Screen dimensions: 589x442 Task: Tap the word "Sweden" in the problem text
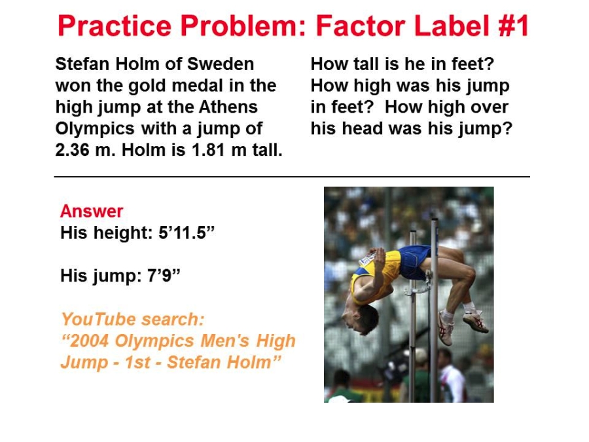(x=221, y=64)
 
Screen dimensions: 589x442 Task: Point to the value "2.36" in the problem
(x=72, y=150)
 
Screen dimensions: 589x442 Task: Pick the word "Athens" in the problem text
(x=228, y=107)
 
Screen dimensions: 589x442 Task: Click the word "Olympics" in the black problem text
(x=95, y=129)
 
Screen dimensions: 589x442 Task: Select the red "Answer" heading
(x=92, y=212)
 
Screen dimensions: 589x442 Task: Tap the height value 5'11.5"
(x=187, y=232)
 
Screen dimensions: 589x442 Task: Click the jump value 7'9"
(x=164, y=276)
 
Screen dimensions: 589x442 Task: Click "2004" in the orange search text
(x=90, y=341)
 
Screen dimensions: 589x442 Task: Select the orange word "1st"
(x=137, y=362)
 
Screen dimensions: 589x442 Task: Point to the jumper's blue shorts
(x=414, y=262)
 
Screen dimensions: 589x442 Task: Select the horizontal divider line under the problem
(x=292, y=176)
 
